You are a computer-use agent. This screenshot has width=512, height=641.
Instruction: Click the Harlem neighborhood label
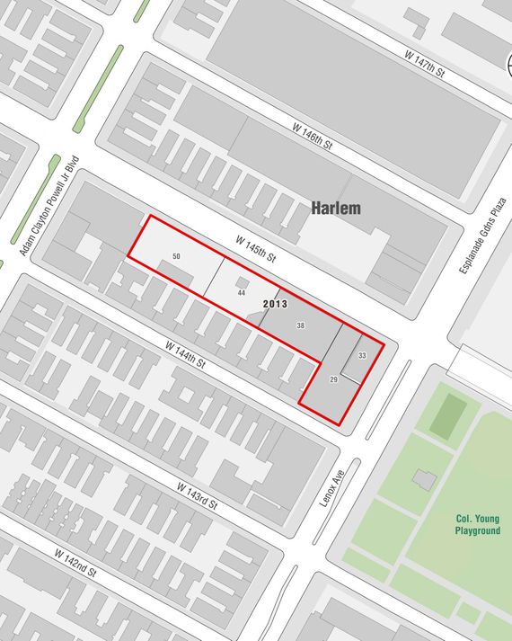click(x=336, y=209)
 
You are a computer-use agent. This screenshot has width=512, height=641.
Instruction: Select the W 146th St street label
click(x=312, y=136)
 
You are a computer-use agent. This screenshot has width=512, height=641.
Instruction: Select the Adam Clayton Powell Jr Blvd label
click(x=49, y=206)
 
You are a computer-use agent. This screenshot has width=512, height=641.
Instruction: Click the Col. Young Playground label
click(x=476, y=524)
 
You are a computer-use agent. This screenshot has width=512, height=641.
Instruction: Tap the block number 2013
click(x=275, y=304)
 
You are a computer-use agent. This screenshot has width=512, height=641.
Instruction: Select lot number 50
click(x=176, y=257)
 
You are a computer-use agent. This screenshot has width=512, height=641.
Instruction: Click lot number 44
click(x=241, y=293)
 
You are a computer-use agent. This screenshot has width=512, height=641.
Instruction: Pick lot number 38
click(x=300, y=325)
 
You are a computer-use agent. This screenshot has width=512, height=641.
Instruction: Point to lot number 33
click(x=362, y=356)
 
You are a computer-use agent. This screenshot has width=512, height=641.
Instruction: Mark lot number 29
click(x=333, y=381)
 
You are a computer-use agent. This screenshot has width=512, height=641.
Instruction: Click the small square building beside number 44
click(x=242, y=281)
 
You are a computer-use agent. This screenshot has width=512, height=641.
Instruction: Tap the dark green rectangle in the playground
click(x=447, y=416)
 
